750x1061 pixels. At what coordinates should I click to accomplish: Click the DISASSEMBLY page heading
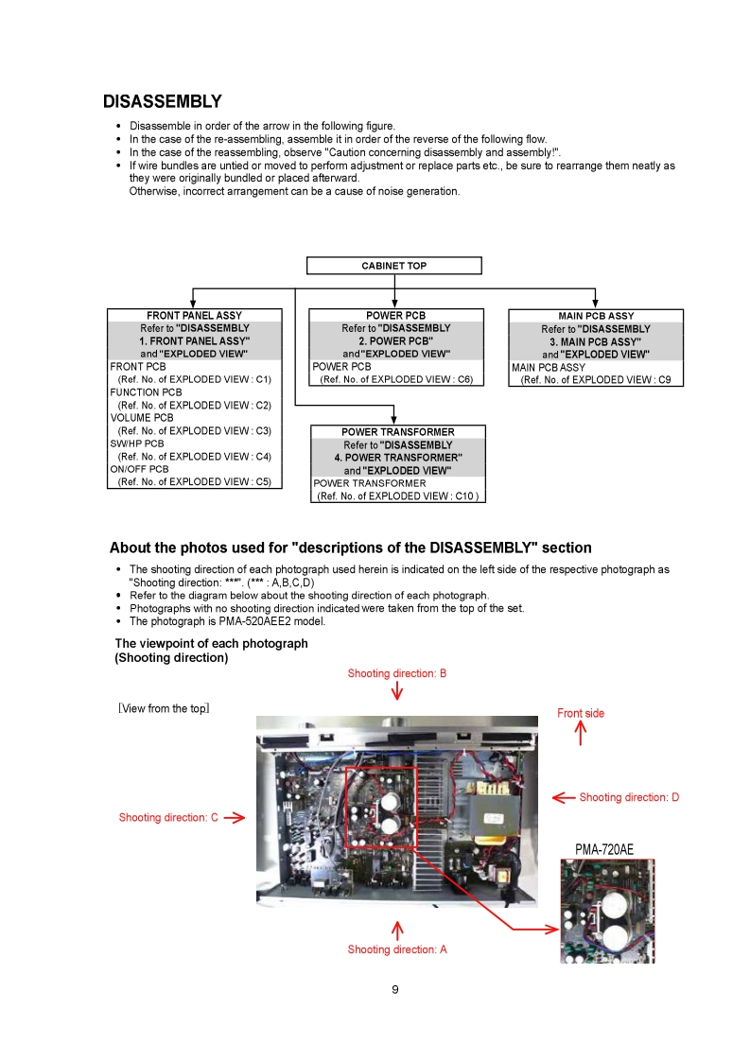(x=162, y=101)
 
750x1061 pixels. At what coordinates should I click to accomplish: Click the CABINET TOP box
(x=393, y=266)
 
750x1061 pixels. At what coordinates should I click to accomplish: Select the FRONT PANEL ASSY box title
(x=194, y=316)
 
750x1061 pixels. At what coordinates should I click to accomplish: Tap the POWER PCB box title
(x=395, y=316)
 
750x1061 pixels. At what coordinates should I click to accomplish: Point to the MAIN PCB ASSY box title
(x=596, y=316)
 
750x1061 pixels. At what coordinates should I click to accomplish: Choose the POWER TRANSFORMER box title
(x=397, y=432)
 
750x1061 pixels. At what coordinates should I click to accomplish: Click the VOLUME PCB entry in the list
(x=142, y=418)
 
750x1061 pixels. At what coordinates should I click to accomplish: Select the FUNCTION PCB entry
(x=146, y=392)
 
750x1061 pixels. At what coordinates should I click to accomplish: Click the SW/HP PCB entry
(x=136, y=444)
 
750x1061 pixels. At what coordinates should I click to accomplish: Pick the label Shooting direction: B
(x=396, y=673)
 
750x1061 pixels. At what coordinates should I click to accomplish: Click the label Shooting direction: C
(x=168, y=817)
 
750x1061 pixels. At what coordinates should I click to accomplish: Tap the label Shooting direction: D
(x=629, y=797)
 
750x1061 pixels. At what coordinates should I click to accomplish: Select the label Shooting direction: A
(x=397, y=949)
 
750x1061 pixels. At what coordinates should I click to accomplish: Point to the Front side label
(x=580, y=713)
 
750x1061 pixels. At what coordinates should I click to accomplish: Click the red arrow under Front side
(x=581, y=734)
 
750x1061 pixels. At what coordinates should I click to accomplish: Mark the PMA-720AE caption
(x=604, y=850)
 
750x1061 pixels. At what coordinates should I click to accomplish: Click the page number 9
(x=395, y=990)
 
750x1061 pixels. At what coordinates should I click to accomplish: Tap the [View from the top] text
(x=164, y=708)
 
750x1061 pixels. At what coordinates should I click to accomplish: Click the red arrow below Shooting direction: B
(x=397, y=692)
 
